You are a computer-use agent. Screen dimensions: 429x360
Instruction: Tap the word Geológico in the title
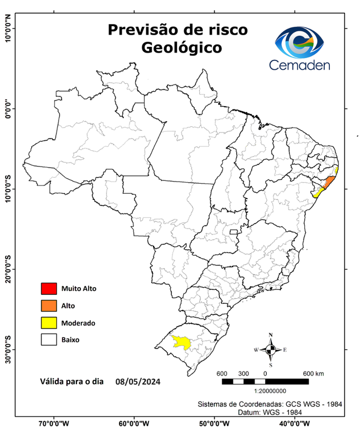pyautogui.click(x=181, y=47)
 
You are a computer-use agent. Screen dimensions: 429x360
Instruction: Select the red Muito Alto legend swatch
pyautogui.click(x=49, y=289)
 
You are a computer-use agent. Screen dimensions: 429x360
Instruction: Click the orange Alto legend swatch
pyautogui.click(x=49, y=306)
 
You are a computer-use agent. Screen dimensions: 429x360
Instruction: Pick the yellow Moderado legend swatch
pyautogui.click(x=49, y=323)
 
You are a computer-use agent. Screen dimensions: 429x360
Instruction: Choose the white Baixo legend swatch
pyautogui.click(x=49, y=340)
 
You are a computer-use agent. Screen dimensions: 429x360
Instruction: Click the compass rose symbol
pyautogui.click(x=271, y=350)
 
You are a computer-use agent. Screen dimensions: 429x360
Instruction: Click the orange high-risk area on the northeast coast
pyautogui.click(x=329, y=182)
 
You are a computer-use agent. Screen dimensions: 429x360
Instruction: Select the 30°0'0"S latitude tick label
pyautogui.click(x=7, y=349)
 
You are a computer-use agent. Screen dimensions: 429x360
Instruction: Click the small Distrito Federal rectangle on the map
pyautogui.click(x=233, y=231)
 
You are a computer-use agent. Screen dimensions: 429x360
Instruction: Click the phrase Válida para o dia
pyautogui.click(x=72, y=382)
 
